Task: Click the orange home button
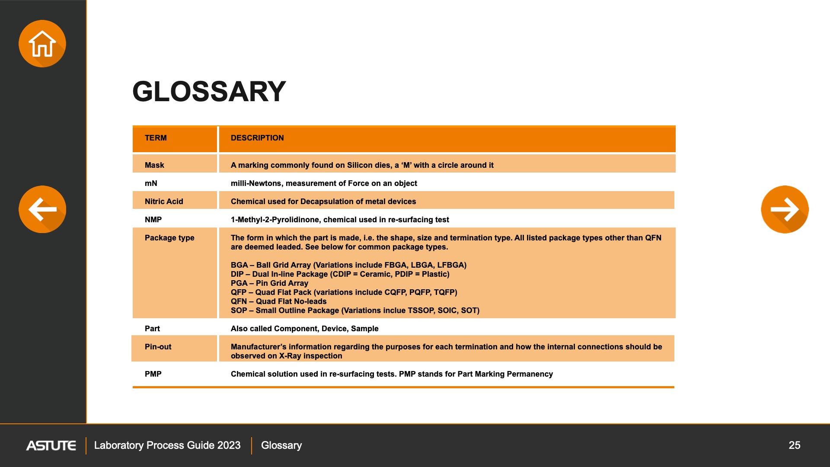click(42, 44)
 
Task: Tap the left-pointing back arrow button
click(42, 209)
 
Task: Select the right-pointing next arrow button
click(785, 209)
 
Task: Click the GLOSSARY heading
click(209, 92)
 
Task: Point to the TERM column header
click(156, 138)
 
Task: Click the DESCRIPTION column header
click(257, 138)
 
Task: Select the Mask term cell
click(154, 165)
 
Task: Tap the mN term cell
click(151, 183)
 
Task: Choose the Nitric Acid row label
click(164, 202)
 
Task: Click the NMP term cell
click(153, 220)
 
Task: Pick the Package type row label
click(169, 238)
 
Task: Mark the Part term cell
click(152, 329)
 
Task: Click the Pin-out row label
click(158, 347)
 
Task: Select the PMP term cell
click(153, 374)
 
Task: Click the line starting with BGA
click(348, 265)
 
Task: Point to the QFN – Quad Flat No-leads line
click(278, 301)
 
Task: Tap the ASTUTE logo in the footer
click(51, 445)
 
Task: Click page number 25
click(794, 445)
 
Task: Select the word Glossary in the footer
click(281, 445)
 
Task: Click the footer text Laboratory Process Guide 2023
click(167, 445)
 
